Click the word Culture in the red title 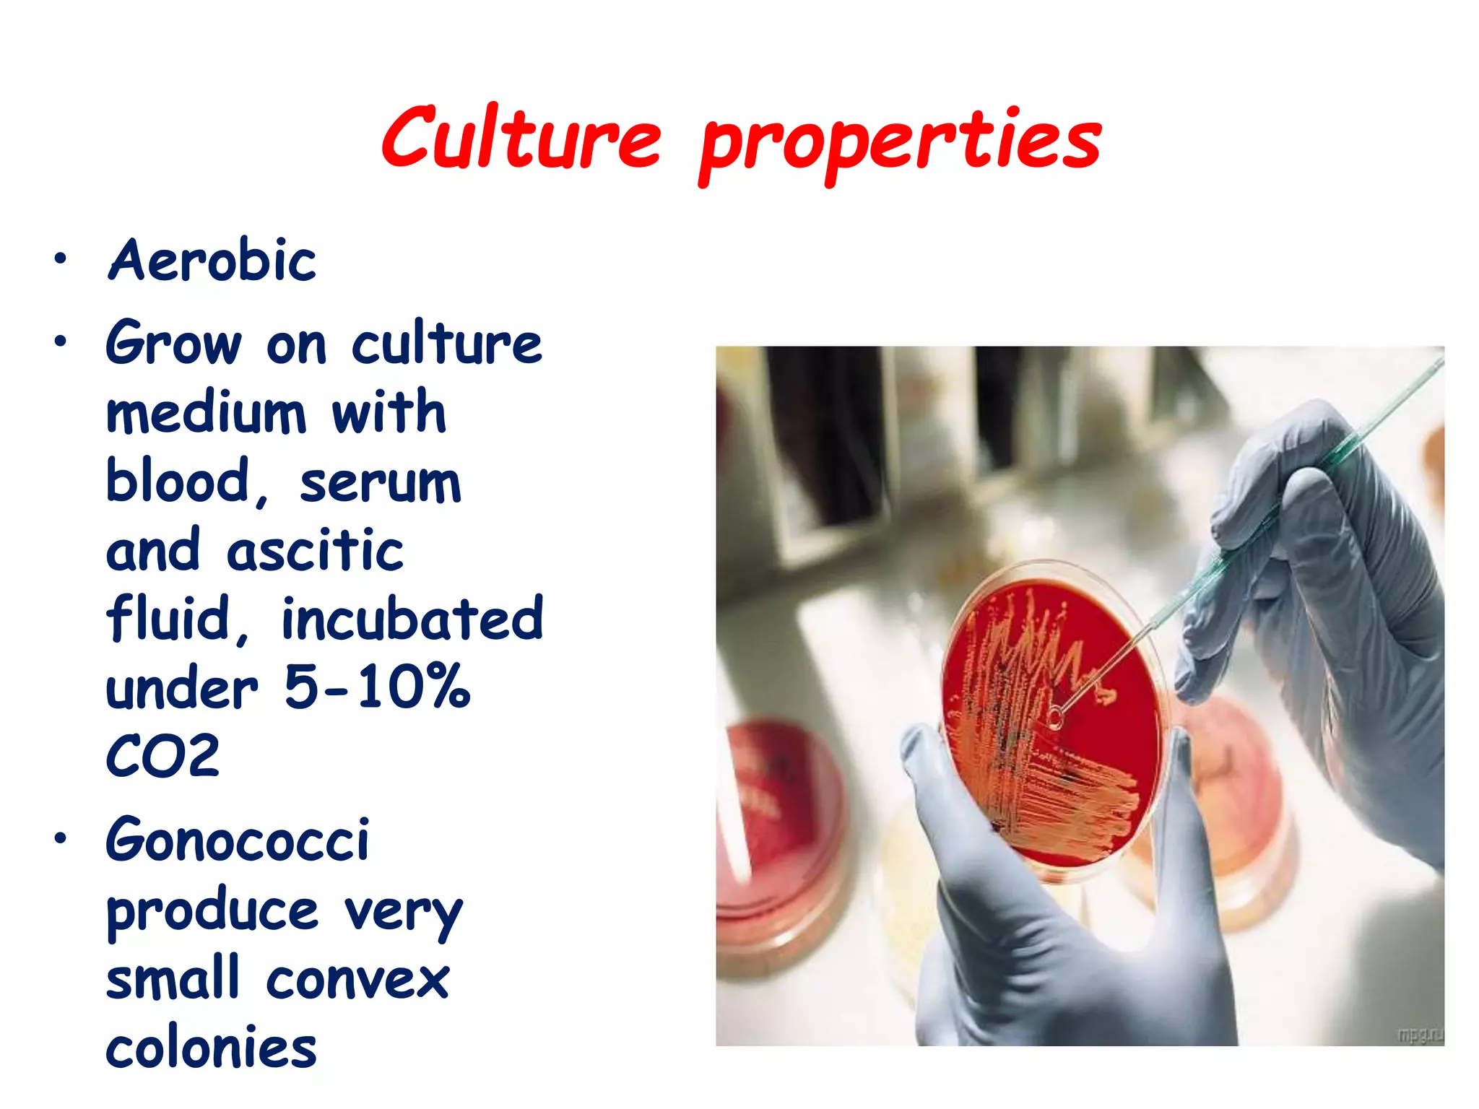(521, 137)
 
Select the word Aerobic (212, 260)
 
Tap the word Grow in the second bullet (173, 344)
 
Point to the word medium (206, 413)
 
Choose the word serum (380, 482)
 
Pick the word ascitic (315, 551)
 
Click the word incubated (412, 619)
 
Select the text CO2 (162, 756)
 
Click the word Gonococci (238, 840)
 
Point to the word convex (358, 980)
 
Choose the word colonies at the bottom (212, 1048)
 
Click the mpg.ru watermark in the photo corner (1420, 1034)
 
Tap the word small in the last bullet (173, 978)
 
